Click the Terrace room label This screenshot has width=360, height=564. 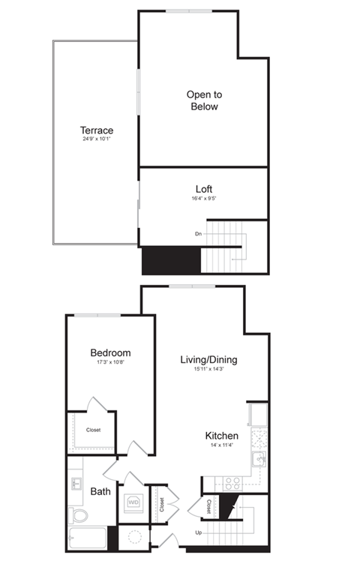click(x=97, y=130)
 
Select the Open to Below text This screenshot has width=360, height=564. click(x=204, y=100)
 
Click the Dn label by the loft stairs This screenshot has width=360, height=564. click(x=199, y=234)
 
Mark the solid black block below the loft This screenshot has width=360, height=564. click(x=171, y=261)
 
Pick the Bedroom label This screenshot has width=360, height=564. click(x=110, y=352)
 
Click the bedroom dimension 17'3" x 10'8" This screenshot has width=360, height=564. click(x=110, y=363)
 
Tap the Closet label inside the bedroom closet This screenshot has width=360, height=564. click(x=94, y=430)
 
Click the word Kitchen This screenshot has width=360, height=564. click(x=222, y=436)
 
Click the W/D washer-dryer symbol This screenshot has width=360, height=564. click(x=133, y=502)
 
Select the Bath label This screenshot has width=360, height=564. click(x=100, y=492)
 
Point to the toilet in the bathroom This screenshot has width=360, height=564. click(x=78, y=515)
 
